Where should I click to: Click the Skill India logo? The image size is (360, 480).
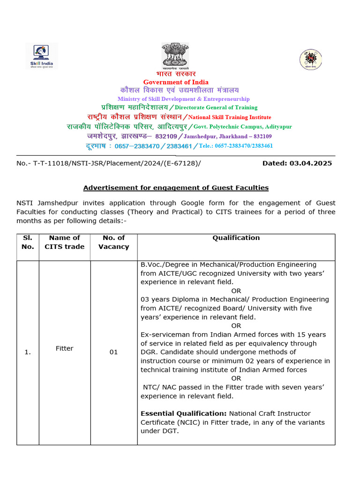pos(42,56)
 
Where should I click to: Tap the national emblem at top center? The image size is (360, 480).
pos(175,56)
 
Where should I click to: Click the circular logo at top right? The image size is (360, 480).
pos(311,60)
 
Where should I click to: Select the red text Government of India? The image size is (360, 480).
pos(176,82)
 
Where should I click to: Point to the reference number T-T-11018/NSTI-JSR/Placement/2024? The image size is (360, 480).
pos(108,163)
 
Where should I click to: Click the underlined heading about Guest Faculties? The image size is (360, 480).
pos(176,187)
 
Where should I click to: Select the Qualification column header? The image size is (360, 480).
pos(236,238)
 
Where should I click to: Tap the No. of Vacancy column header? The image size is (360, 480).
pos(113,242)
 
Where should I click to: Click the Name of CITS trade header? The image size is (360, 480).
pos(65,242)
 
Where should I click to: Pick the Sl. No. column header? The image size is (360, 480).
pos(28,242)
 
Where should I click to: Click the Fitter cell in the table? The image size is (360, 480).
pos(65,348)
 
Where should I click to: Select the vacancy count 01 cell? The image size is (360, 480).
pos(113,352)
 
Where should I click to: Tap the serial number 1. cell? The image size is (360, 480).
pos(28,352)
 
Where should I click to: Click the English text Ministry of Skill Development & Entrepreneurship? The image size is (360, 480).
pos(183,99)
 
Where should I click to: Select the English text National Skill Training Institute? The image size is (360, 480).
pos(229,117)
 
